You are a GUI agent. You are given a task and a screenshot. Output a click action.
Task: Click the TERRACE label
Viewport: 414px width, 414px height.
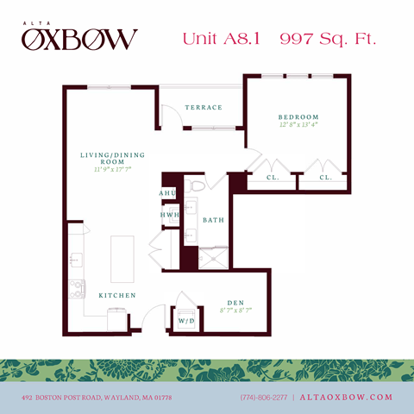pyautogui.click(x=204, y=108)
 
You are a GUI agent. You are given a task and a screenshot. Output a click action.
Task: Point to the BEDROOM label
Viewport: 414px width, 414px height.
pyautogui.click(x=298, y=117)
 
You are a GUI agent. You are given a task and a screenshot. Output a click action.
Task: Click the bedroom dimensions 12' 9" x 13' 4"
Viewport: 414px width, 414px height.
pyautogui.click(x=298, y=126)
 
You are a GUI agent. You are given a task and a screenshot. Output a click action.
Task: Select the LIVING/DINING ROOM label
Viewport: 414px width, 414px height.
pyautogui.click(x=112, y=159)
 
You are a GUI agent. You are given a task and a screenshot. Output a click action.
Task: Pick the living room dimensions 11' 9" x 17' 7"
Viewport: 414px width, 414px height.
pyautogui.click(x=112, y=170)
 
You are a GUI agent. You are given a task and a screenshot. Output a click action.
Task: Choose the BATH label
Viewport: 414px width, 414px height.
pyautogui.click(x=213, y=220)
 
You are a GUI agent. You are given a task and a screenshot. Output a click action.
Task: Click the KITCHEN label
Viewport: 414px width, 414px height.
pyautogui.click(x=117, y=295)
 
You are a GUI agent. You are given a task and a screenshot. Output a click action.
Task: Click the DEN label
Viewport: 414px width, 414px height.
pyautogui.click(x=233, y=303)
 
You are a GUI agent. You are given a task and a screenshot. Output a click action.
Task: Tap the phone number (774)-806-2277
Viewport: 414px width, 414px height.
pyautogui.click(x=264, y=397)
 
